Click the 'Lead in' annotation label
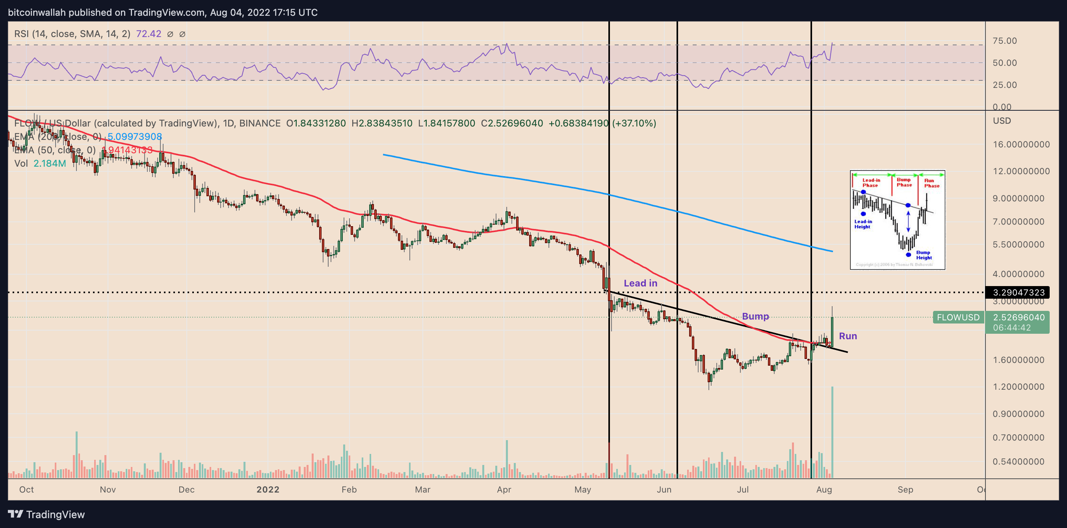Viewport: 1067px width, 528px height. pyautogui.click(x=640, y=283)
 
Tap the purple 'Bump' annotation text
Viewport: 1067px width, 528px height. pyautogui.click(x=755, y=316)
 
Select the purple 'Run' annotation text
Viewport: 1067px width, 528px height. pyautogui.click(x=848, y=336)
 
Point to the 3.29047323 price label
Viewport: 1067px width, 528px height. pyautogui.click(x=1019, y=292)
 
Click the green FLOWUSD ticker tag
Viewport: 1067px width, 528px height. pyautogui.click(x=958, y=317)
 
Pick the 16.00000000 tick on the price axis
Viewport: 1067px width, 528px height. pyautogui.click(x=1021, y=145)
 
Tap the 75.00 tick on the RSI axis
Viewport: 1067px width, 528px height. pyautogui.click(x=1004, y=41)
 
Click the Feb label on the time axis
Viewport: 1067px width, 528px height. pyautogui.click(x=349, y=489)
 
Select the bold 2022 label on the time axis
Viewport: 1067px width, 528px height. pyautogui.click(x=268, y=489)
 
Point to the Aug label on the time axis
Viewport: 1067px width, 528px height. pyautogui.click(x=824, y=489)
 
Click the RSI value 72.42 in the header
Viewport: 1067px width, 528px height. pyautogui.click(x=148, y=34)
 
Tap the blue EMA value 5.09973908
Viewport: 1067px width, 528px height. pyautogui.click(x=135, y=137)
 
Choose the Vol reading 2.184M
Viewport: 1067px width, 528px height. pyautogui.click(x=50, y=164)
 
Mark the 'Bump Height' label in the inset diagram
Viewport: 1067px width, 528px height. pyautogui.click(x=924, y=255)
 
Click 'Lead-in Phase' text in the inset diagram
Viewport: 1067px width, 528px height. pyautogui.click(x=871, y=182)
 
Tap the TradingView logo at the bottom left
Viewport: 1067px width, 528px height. pyautogui.click(x=46, y=514)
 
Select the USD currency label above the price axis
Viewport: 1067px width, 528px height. pyautogui.click(x=1002, y=121)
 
